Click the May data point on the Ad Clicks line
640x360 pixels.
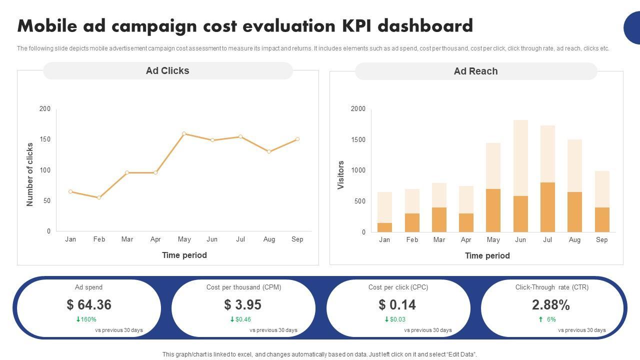click(x=184, y=134)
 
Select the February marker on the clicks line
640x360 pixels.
click(x=99, y=197)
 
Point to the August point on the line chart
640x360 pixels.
click(x=269, y=151)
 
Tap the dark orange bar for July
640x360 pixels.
click(x=547, y=207)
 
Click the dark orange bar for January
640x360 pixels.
click(x=384, y=227)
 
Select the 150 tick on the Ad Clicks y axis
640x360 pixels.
click(x=45, y=139)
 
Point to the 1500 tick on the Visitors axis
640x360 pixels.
click(x=358, y=140)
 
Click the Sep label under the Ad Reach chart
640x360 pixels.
click(x=601, y=240)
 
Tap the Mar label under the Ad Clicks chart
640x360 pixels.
click(x=127, y=239)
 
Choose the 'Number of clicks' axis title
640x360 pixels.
click(x=30, y=174)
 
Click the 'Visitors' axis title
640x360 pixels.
click(x=341, y=175)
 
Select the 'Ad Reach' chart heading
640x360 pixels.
click(x=475, y=71)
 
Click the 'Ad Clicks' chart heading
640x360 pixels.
click(x=167, y=71)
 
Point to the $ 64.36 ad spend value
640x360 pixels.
click(x=89, y=304)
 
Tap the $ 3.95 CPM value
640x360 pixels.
click(x=243, y=304)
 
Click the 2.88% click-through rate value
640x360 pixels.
click(x=551, y=305)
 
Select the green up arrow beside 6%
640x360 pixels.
click(x=540, y=319)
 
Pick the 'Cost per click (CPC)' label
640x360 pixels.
click(x=398, y=287)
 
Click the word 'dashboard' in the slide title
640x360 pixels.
click(x=425, y=26)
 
